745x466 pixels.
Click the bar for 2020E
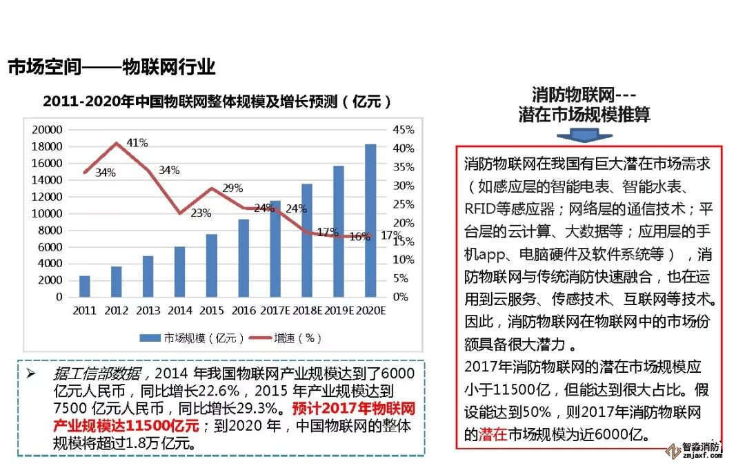coord(370,221)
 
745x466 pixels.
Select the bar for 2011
coord(85,287)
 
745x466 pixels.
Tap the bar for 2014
coord(179,272)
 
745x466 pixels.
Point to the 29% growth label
coord(232,188)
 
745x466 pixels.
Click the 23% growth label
coord(201,213)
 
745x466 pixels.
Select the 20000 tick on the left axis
coord(48,130)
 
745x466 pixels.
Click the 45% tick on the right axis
coord(404,130)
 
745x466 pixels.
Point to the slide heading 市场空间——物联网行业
coord(112,67)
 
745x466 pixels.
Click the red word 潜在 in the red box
coord(493,434)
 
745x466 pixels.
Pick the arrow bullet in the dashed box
coord(30,373)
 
